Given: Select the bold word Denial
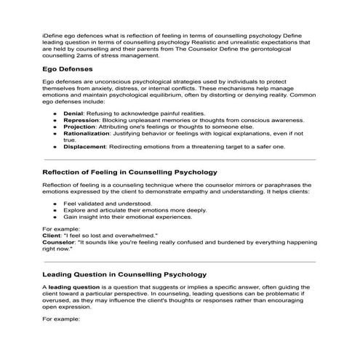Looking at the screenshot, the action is tap(74, 114).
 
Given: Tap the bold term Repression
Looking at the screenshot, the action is tap(82, 121).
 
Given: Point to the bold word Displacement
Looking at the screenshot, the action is tap(87, 147).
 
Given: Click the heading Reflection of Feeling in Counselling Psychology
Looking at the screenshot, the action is tap(129, 173).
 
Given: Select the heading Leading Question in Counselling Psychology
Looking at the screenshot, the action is tap(124, 275).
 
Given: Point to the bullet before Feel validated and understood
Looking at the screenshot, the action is tap(55, 204).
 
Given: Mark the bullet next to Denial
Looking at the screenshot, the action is tap(55, 114).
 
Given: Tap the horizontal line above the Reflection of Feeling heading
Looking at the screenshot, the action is tap(180, 159).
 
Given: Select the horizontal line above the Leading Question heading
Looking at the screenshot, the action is tap(180, 261).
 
